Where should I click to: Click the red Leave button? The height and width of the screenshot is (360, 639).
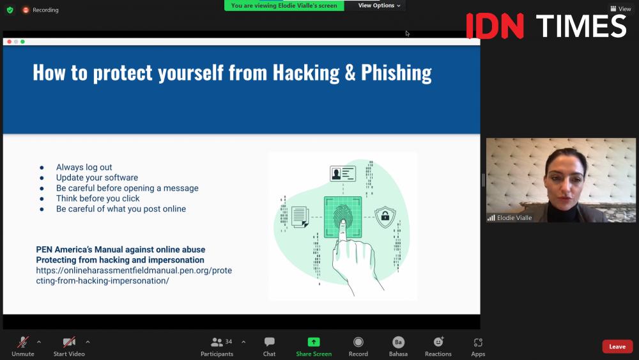click(x=617, y=347)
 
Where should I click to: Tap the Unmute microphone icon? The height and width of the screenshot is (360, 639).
click(x=23, y=341)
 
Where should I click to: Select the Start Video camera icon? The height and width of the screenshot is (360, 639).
click(x=69, y=341)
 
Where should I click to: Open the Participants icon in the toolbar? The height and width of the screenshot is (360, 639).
click(x=217, y=342)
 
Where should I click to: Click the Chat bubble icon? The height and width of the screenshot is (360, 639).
click(x=270, y=341)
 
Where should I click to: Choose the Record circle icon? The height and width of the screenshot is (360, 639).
click(x=358, y=341)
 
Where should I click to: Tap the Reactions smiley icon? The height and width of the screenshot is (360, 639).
click(x=438, y=341)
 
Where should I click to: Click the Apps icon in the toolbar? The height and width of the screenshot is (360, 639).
click(x=478, y=342)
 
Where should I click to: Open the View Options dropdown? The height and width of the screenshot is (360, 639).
click(x=379, y=5)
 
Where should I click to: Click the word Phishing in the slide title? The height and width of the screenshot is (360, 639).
click(x=396, y=72)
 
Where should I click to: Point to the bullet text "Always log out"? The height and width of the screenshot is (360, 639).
click(x=84, y=167)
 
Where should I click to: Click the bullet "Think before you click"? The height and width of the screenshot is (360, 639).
click(x=98, y=199)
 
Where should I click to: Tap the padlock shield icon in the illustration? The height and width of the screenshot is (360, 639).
click(x=385, y=216)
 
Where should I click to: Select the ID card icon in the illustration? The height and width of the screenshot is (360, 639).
click(x=343, y=174)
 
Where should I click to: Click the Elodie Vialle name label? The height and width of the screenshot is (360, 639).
click(x=514, y=217)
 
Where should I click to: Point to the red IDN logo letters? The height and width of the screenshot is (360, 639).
click(x=495, y=26)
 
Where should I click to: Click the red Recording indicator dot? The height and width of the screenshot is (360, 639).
click(x=26, y=10)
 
